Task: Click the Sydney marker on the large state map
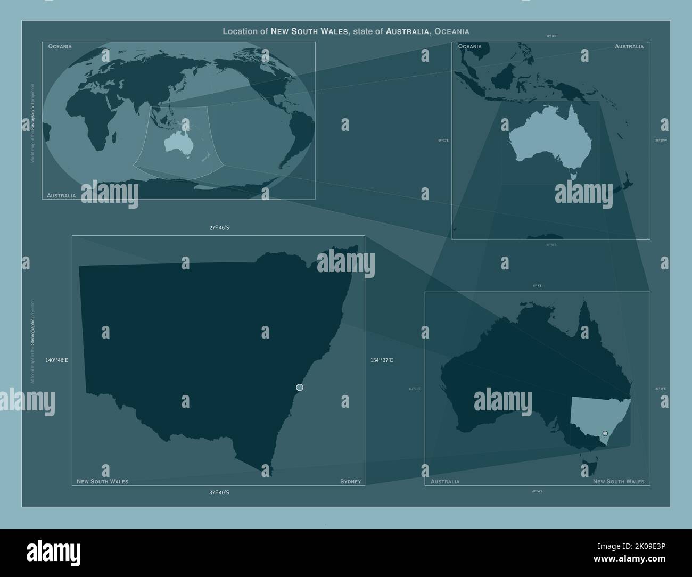(x=300, y=387)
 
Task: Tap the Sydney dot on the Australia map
(x=605, y=433)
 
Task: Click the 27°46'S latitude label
(x=219, y=227)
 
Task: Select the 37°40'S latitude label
(x=219, y=492)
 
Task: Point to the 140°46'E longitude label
(x=57, y=360)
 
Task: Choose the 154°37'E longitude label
(x=382, y=360)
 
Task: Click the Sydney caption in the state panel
(x=350, y=482)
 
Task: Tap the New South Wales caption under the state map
(x=102, y=482)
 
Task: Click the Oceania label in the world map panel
(x=60, y=46)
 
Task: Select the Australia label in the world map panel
(x=61, y=195)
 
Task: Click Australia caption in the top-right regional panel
(x=629, y=46)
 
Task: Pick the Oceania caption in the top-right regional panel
(x=469, y=46)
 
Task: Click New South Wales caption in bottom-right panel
(x=618, y=482)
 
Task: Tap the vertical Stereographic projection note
(x=32, y=341)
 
